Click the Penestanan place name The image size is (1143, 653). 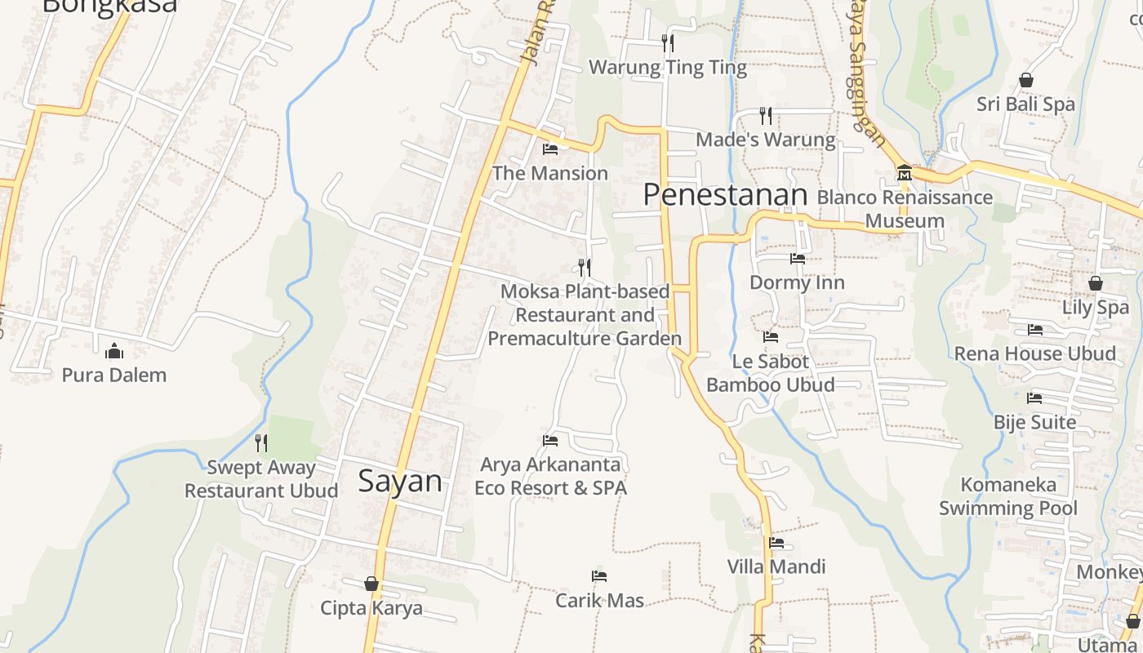tap(725, 194)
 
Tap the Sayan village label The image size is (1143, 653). tap(400, 481)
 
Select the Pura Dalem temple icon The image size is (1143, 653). tap(114, 351)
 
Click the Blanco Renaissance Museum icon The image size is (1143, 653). tap(905, 173)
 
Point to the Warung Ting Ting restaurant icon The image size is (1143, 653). tap(668, 42)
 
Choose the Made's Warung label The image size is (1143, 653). tap(766, 140)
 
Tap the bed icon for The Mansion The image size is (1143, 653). tap(550, 149)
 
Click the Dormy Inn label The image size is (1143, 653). tap(797, 282)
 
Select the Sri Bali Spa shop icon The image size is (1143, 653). tap(1026, 80)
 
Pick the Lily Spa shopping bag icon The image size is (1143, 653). tap(1096, 283)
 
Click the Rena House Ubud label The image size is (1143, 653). tap(1034, 353)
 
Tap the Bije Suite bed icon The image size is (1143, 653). tap(1034, 398)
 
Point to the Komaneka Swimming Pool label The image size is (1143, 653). tap(1008, 496)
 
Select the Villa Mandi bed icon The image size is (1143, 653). tap(776, 542)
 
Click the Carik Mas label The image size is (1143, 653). tap(599, 601)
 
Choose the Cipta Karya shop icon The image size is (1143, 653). tap(371, 584)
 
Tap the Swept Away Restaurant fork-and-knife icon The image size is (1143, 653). tap(261, 442)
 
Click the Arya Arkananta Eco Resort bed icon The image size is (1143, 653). tap(550, 441)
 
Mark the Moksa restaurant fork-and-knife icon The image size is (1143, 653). tap(584, 267)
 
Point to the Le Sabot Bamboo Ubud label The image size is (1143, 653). tap(770, 373)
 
